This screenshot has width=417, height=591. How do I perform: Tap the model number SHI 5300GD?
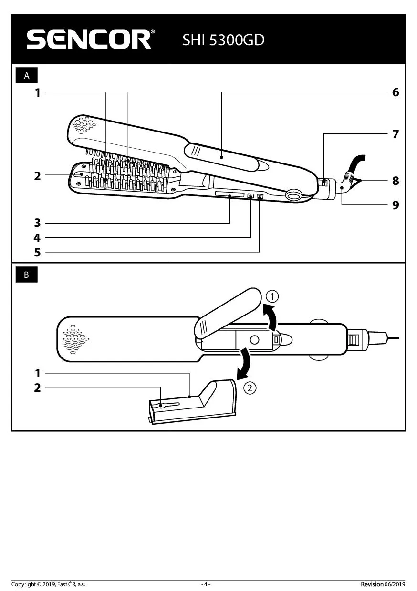(x=223, y=40)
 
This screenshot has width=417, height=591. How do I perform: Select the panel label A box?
(x=27, y=76)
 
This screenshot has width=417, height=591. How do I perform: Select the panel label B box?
(x=27, y=275)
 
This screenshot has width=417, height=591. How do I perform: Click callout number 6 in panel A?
(x=395, y=92)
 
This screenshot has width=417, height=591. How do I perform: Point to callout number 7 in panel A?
(x=395, y=134)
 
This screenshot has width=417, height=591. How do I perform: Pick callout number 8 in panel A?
(x=395, y=181)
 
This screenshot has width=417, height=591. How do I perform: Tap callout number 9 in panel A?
(x=395, y=205)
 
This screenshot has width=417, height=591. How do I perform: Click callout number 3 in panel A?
(x=37, y=223)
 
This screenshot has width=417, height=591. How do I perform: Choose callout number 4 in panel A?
(x=37, y=238)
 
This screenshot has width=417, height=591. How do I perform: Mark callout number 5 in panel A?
(x=37, y=253)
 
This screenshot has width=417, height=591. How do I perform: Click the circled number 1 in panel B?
(x=271, y=296)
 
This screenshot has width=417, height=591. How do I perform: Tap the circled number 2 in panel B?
(x=249, y=387)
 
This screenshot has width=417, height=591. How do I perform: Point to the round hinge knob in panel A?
(x=294, y=194)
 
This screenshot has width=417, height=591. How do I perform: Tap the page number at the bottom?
(x=206, y=584)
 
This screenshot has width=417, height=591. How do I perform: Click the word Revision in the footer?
(x=372, y=584)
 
